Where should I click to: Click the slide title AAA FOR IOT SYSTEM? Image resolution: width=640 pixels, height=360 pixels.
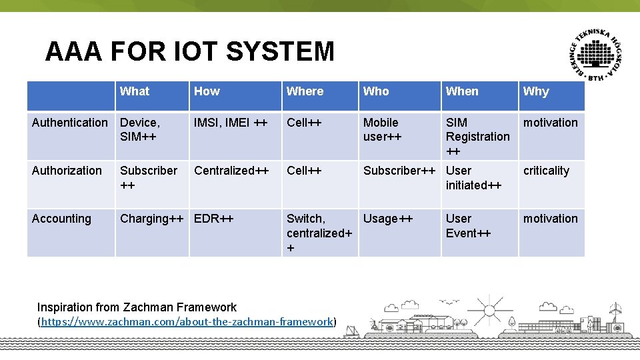tap(189, 51)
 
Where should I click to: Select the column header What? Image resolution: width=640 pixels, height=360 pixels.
tap(135, 91)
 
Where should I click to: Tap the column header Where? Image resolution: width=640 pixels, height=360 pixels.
tap(305, 91)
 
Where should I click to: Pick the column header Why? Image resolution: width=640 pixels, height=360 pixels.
tap(536, 91)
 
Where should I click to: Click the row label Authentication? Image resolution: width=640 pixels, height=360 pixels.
tap(69, 123)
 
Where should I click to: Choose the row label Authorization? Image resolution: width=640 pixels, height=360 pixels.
tap(67, 171)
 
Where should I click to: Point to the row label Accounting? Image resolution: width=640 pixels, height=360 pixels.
tap(61, 219)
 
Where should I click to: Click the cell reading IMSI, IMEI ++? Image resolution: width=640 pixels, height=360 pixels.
tap(230, 123)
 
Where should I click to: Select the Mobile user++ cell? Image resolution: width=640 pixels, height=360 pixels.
tap(382, 129)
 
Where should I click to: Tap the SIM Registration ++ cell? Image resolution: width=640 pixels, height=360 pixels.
tap(477, 137)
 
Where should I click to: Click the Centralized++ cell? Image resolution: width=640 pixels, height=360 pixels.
tap(231, 171)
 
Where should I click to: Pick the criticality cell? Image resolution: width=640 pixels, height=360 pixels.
tap(546, 171)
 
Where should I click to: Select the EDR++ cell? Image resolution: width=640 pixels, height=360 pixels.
tap(214, 219)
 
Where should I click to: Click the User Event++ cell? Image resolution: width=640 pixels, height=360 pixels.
tap(468, 225)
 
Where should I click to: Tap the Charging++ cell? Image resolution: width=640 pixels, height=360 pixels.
tap(151, 219)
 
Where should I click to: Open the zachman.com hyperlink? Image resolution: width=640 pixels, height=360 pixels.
tap(187, 322)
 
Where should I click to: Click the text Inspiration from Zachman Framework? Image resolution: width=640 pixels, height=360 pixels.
tap(137, 307)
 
